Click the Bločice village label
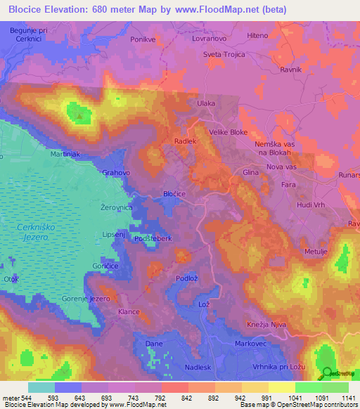(174, 192)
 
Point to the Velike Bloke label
(229, 131)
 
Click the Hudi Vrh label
(311, 204)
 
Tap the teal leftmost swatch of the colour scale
(41, 387)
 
